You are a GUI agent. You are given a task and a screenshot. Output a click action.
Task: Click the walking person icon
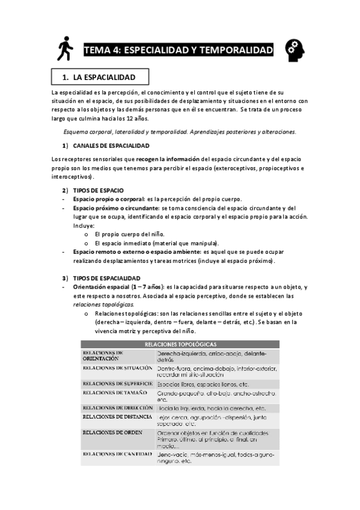(x=63, y=49)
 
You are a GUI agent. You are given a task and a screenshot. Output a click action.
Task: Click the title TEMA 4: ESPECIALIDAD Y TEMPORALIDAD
(x=178, y=50)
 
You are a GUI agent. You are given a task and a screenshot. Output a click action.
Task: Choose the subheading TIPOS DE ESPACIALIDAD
(x=107, y=278)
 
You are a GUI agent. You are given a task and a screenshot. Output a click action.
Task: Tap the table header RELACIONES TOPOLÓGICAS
(x=178, y=343)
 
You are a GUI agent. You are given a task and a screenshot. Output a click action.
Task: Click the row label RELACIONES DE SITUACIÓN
(x=118, y=367)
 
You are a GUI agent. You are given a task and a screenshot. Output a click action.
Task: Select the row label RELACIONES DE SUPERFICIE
(x=118, y=382)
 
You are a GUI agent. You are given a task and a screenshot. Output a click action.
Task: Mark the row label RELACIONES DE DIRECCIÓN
(x=118, y=407)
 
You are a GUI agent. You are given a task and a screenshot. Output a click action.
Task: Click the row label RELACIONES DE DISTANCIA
(x=118, y=416)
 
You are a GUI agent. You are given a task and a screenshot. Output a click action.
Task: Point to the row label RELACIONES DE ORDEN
(x=112, y=432)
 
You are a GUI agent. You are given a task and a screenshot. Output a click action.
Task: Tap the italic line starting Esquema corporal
(x=179, y=132)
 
